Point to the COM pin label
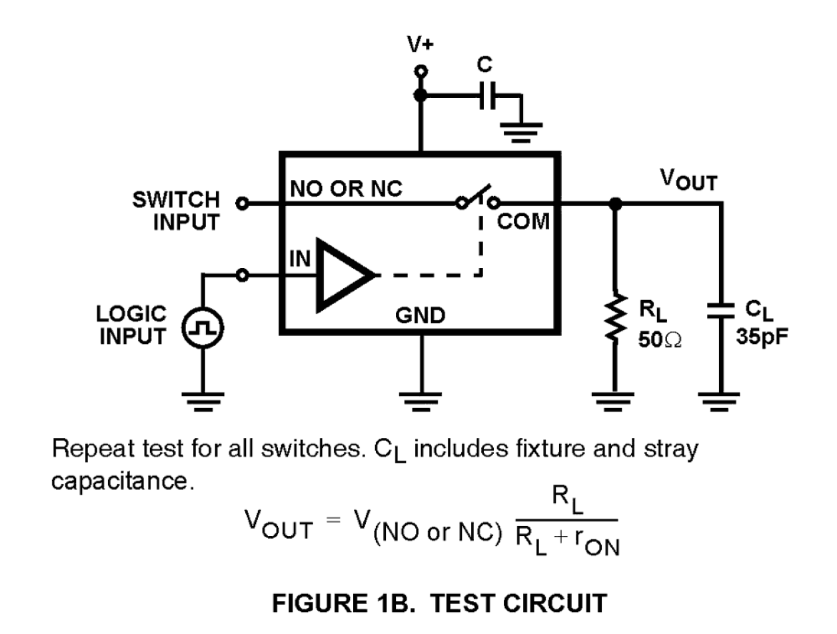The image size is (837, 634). point(524,222)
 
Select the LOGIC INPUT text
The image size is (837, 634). point(132,326)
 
